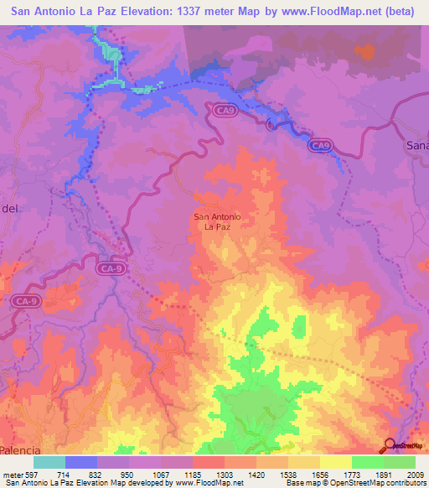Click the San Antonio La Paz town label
218,221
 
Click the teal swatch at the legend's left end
49,462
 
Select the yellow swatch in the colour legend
335,462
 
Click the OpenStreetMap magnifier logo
388,446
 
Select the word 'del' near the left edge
8,207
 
